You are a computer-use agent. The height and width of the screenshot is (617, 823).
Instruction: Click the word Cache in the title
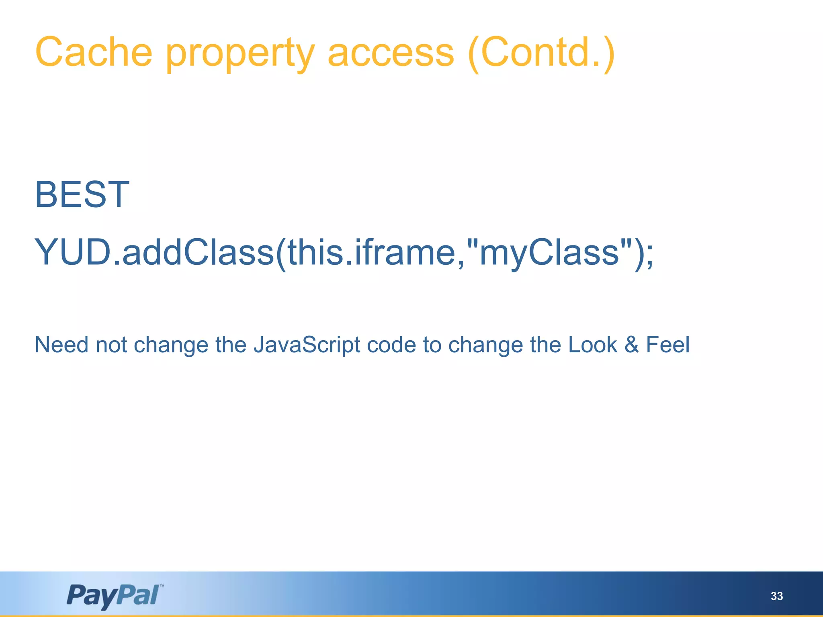94,52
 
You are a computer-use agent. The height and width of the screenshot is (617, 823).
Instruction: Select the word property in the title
240,54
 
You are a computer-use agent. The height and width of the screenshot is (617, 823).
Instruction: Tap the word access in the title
391,54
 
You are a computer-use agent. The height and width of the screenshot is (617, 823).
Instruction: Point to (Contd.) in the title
541,53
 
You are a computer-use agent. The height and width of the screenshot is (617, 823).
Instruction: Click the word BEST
82,195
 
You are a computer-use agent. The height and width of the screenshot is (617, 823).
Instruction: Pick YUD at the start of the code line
73,252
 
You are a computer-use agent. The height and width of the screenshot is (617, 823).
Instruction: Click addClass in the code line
198,252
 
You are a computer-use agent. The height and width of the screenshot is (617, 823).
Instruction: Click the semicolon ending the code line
649,255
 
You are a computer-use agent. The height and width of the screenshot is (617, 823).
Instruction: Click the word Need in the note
61,345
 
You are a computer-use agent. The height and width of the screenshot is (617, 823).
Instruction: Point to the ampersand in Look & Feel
631,345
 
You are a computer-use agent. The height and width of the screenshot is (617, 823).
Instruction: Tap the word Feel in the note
667,345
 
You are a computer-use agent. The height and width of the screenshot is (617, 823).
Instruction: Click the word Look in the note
592,345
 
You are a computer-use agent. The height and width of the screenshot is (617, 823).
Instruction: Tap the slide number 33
776,596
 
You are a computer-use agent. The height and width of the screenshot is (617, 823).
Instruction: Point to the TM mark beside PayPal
162,586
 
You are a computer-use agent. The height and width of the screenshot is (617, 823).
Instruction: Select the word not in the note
111,345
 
